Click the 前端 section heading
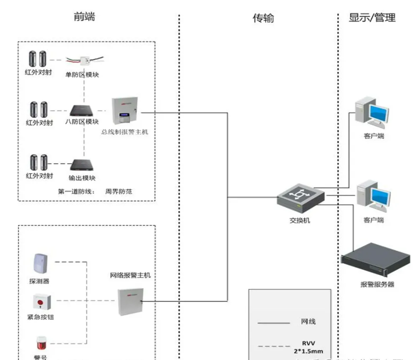click(x=84, y=17)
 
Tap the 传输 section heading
click(x=263, y=18)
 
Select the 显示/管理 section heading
click(x=372, y=18)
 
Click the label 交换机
click(x=300, y=220)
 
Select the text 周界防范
click(x=119, y=191)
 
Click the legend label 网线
click(x=308, y=322)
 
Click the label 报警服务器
click(x=377, y=284)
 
